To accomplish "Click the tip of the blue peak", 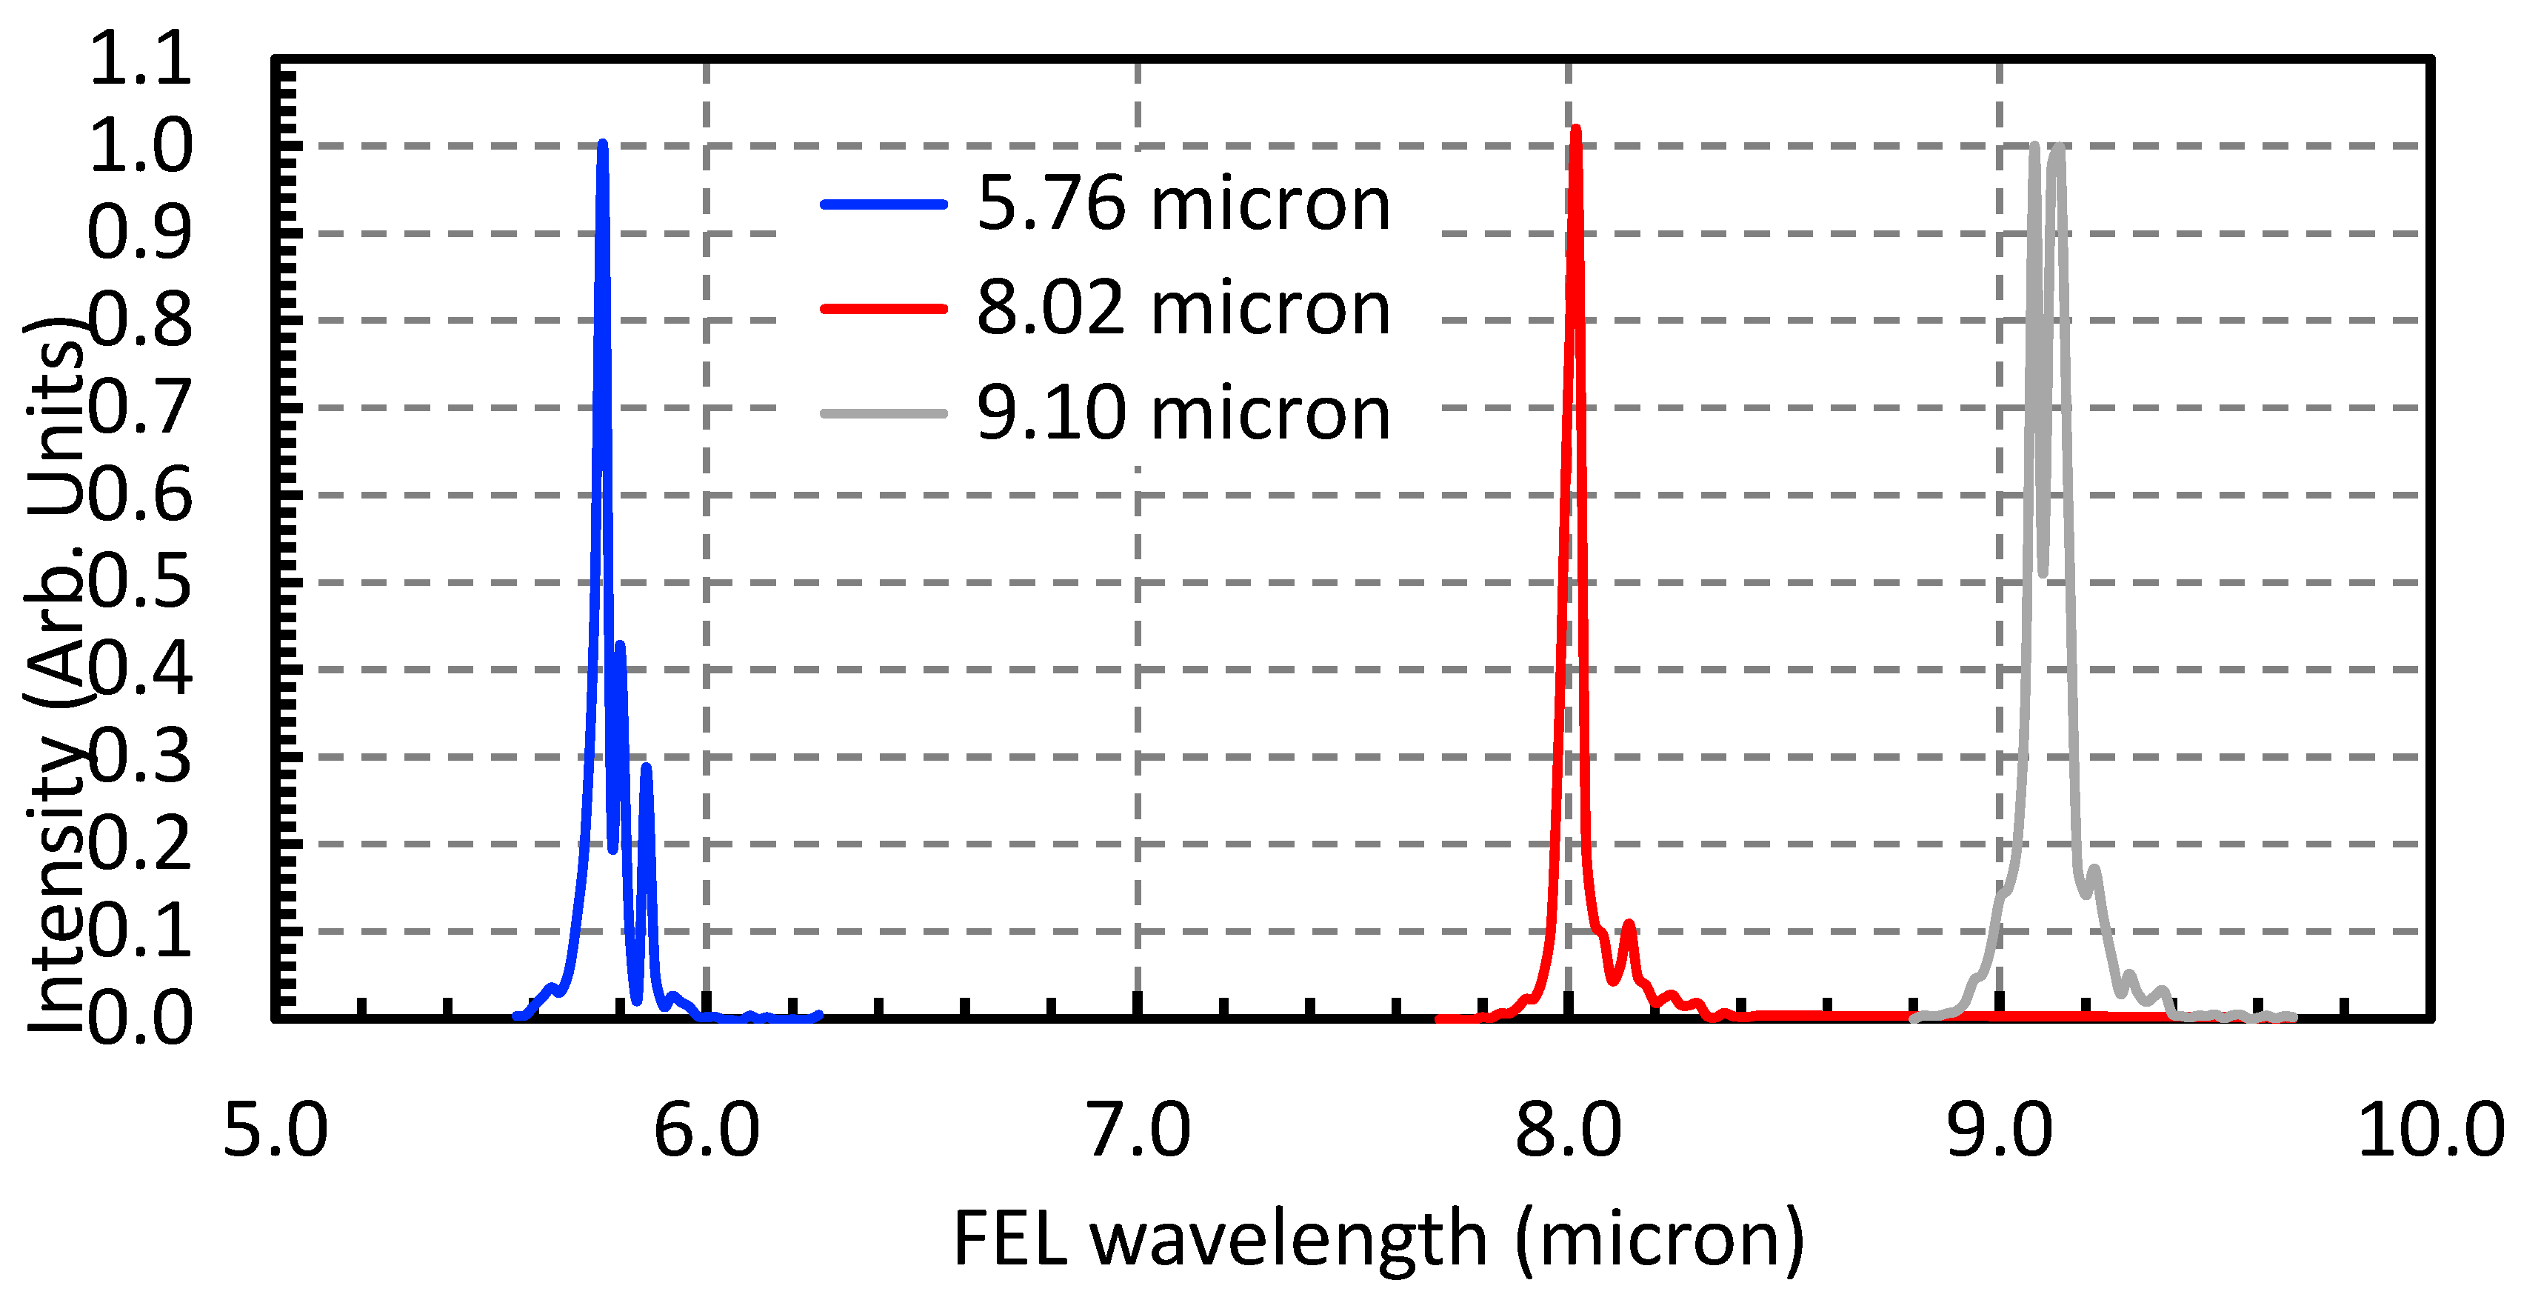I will (602, 144).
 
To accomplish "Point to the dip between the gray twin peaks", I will (2043, 570).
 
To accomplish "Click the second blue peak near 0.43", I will (619, 645).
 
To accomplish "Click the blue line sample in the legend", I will (884, 204).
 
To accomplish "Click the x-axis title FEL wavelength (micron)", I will (1378, 1239).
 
